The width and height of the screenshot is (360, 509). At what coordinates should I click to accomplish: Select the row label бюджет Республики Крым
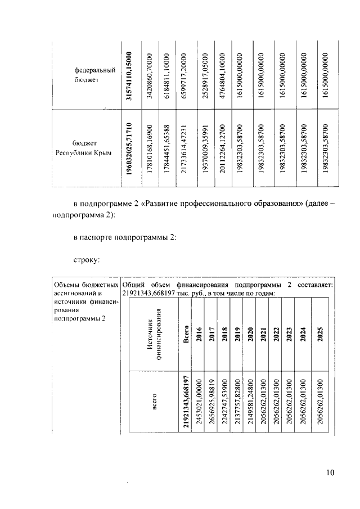point(84,148)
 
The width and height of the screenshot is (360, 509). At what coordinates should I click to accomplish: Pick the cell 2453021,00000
point(197,402)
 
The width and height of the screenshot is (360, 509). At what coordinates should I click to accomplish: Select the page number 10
point(330,472)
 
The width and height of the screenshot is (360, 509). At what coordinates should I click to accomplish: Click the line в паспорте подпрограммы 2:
point(125,238)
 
